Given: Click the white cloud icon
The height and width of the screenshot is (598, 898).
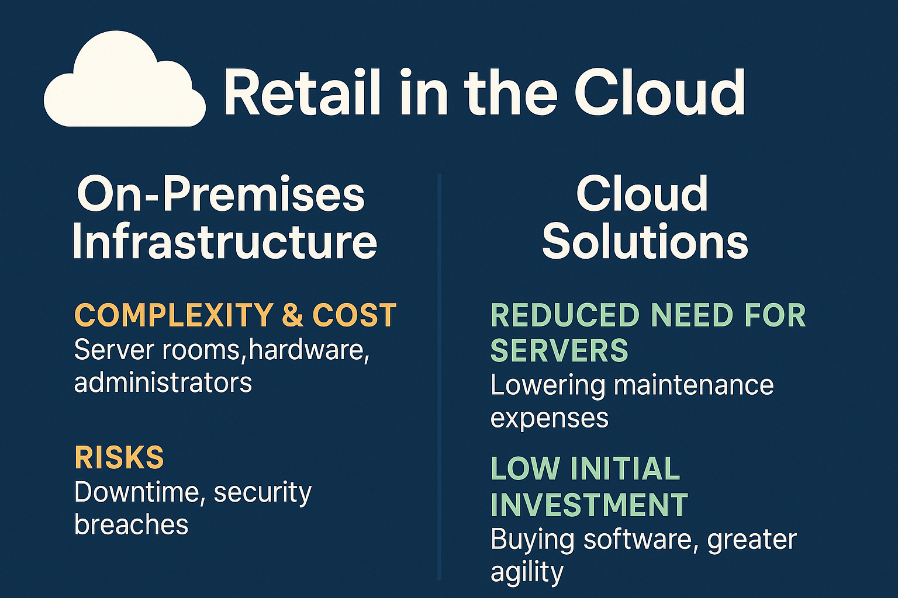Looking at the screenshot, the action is pos(125,80).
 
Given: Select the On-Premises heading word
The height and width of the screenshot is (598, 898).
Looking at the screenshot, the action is pos(220,194).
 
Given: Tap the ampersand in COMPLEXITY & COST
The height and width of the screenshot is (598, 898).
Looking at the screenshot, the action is pos(293,315).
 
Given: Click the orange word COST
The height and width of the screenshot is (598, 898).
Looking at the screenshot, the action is pos(354,315).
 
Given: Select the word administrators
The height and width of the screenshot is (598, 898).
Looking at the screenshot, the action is pos(163,382).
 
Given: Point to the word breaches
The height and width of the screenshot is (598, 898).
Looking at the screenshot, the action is pos(131,524).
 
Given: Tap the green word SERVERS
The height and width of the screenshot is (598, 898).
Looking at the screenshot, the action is pos(559,349).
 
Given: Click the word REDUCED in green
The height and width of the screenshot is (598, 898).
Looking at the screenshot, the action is pos(564,315).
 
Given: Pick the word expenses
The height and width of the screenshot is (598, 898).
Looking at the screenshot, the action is pos(549,419).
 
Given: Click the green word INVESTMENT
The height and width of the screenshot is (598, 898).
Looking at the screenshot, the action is pos(589,505).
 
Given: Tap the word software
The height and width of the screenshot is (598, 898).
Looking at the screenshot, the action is pos(637,540).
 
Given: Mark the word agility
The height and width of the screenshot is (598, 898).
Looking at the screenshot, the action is pos(527,573).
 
